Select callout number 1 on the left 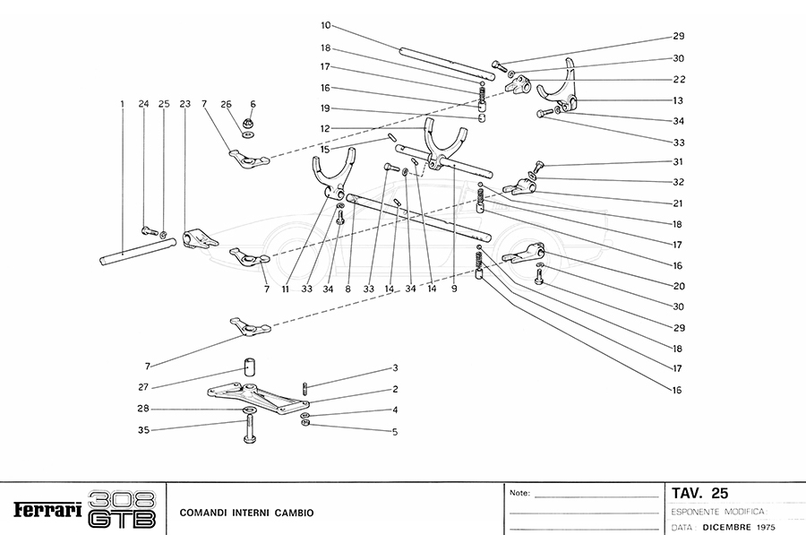coord(121,104)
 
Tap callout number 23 coord(185,104)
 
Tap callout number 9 coord(455,289)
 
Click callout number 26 coord(226,104)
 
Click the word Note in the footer coord(519,493)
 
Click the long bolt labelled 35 coord(248,427)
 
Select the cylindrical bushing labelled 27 coord(247,368)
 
